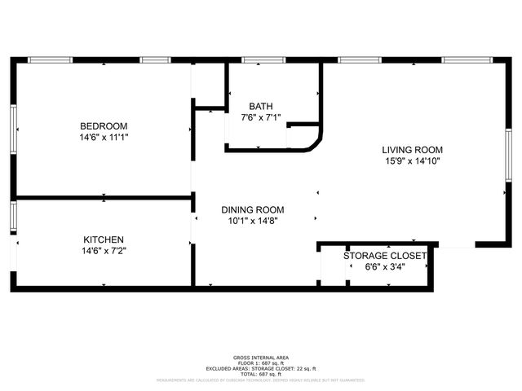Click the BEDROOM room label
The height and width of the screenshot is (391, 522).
click(104, 125)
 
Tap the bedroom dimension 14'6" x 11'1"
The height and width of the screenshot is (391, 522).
click(104, 137)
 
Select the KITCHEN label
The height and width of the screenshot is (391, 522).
click(104, 239)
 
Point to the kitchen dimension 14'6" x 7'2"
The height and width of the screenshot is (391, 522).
click(104, 251)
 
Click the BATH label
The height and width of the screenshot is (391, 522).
click(261, 107)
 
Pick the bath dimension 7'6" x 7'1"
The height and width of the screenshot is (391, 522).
click(261, 118)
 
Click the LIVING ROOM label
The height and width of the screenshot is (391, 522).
click(413, 150)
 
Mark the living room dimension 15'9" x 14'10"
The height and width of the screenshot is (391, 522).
click(413, 161)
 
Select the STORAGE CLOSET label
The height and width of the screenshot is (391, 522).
click(385, 256)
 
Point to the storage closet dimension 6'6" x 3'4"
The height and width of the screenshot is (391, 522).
click(385, 266)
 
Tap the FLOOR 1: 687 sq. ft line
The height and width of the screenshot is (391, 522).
click(261, 363)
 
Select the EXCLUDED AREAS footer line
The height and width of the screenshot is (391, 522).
click(261, 368)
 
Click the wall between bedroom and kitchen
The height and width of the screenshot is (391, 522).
click(104, 197)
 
